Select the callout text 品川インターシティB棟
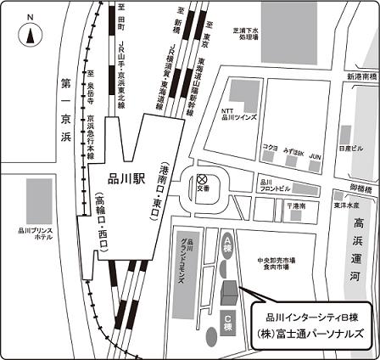(x=313, y=316)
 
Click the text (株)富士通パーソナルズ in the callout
(x=313, y=335)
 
